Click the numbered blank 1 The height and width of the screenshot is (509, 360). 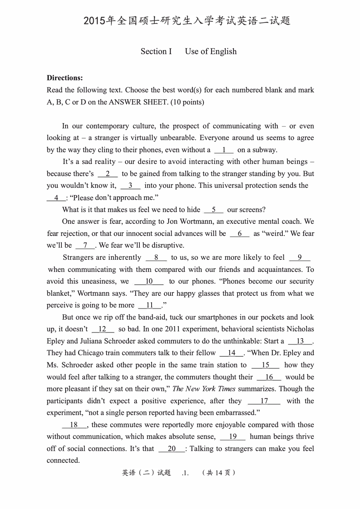click(224, 150)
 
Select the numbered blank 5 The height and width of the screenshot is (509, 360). click(214, 210)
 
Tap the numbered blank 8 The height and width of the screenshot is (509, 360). click(156, 258)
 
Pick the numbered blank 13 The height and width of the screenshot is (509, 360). click(300, 341)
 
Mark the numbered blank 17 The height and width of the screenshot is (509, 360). click(264, 401)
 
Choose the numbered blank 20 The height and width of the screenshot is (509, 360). click(172, 449)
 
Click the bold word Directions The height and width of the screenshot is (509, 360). click(65, 78)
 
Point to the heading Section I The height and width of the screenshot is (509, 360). click(156, 52)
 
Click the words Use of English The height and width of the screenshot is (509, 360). click(211, 52)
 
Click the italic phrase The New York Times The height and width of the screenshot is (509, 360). click(204, 389)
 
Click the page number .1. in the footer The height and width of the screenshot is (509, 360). click(185, 473)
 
